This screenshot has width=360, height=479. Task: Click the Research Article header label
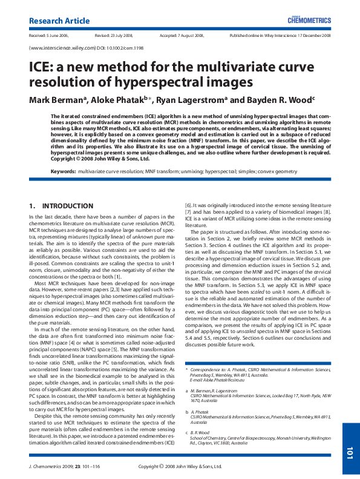coord(56,21)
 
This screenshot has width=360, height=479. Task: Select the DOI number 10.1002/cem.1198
coord(117,48)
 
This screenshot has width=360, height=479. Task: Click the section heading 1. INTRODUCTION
coord(61,206)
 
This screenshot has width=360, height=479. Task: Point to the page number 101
coord(350,452)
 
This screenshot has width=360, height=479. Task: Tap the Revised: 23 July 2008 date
coord(116,36)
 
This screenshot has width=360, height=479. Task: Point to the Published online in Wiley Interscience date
coord(280,36)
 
